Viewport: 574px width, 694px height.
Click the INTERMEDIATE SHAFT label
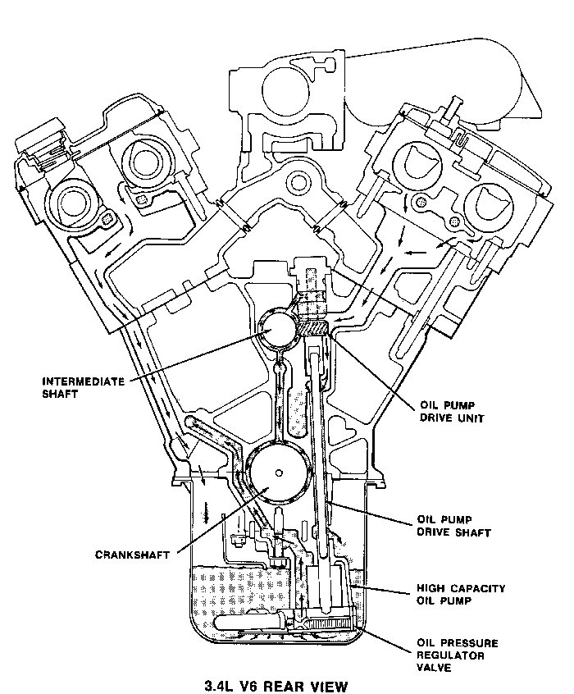[83, 388]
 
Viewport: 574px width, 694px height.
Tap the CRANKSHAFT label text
[133, 555]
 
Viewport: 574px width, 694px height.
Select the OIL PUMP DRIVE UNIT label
[452, 411]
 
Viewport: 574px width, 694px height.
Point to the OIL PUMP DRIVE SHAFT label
[454, 525]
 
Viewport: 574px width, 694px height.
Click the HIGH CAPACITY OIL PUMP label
[461, 595]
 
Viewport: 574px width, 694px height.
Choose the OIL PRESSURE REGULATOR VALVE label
[458, 655]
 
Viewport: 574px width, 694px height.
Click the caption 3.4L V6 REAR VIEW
[276, 687]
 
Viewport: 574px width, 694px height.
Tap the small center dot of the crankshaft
[279, 473]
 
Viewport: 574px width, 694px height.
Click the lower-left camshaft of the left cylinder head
[71, 204]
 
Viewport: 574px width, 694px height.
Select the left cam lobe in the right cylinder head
[417, 163]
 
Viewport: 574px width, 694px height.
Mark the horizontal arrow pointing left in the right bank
[416, 253]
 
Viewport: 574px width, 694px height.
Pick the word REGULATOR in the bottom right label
[450, 655]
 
